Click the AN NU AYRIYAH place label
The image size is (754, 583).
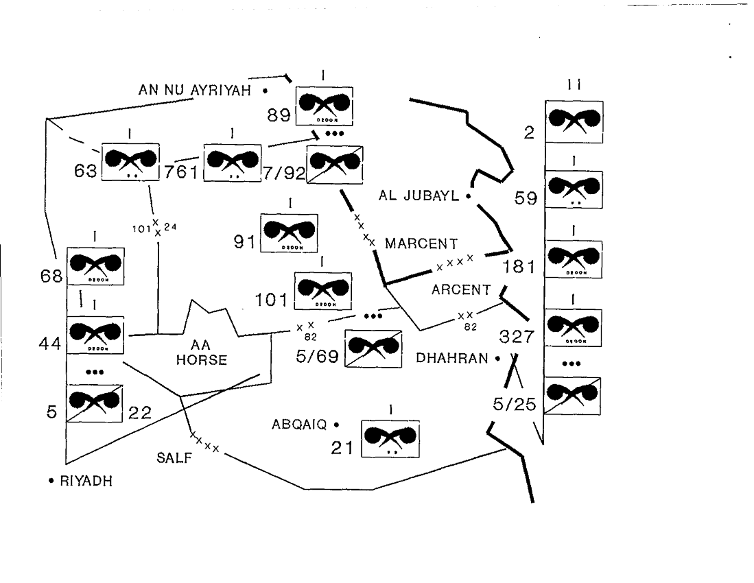[195, 90]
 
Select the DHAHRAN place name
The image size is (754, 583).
[453, 358]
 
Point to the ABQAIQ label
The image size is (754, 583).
[299, 425]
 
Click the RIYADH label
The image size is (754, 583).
[86, 481]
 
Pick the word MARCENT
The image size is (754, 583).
[421, 243]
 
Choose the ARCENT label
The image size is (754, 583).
[461, 290]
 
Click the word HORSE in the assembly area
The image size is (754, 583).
[201, 360]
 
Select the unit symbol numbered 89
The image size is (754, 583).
[325, 106]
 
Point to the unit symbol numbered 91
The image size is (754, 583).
[289, 233]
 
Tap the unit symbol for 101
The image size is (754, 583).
[322, 291]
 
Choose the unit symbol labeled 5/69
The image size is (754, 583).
[373, 350]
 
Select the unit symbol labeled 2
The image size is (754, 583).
[574, 121]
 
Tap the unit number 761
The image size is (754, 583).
[181, 172]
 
